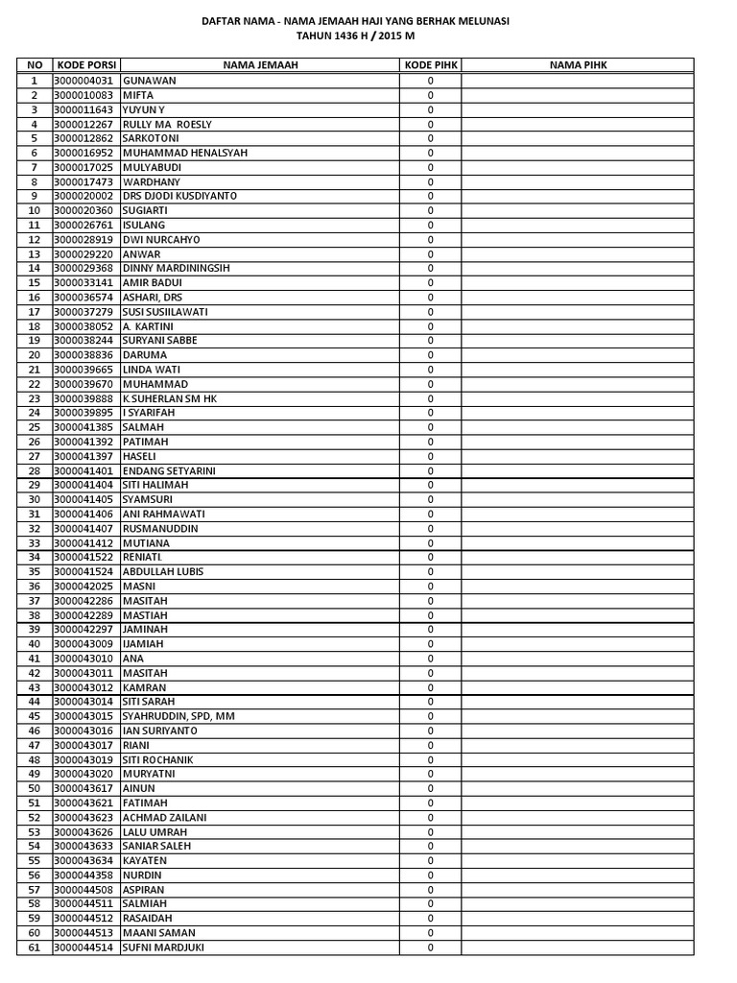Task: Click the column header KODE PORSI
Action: [x=86, y=65]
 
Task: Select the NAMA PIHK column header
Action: [x=578, y=65]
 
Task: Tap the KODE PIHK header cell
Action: [x=430, y=65]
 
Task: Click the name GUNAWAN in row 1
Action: [x=150, y=81]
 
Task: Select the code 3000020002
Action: [x=84, y=196]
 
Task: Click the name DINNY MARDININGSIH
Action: [x=177, y=268]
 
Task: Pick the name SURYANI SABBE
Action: [x=161, y=340]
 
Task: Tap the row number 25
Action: [x=35, y=427]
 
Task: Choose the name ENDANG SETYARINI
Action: [x=169, y=470]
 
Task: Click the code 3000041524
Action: [x=84, y=571]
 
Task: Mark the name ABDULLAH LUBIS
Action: [x=163, y=571]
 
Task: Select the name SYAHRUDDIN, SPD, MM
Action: [x=179, y=716]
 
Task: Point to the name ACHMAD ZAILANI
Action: [x=165, y=817]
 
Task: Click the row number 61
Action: [x=35, y=947]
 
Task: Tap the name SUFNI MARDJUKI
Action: [x=164, y=947]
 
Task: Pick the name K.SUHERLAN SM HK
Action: [x=170, y=398]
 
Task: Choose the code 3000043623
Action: [x=84, y=817]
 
